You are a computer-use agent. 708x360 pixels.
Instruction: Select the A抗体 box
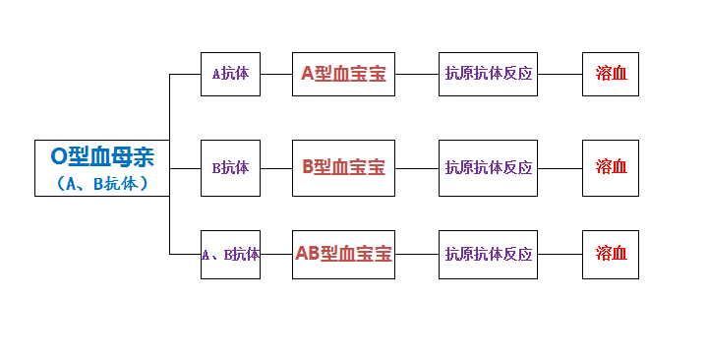(230, 74)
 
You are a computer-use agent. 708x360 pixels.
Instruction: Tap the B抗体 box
(230, 167)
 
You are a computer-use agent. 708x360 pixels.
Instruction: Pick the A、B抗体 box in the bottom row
(230, 254)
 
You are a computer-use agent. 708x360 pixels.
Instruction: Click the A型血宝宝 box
(343, 74)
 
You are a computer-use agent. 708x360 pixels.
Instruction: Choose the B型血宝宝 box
(343, 167)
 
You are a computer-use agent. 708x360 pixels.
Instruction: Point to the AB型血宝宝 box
(343, 254)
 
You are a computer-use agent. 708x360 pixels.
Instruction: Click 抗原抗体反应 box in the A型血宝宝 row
(489, 74)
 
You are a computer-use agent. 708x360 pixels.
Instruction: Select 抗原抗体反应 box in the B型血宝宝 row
(489, 167)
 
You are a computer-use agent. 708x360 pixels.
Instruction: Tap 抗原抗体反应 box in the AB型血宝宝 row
(489, 254)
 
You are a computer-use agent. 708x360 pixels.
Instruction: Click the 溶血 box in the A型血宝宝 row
(611, 74)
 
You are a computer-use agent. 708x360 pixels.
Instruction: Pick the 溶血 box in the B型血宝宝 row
(611, 167)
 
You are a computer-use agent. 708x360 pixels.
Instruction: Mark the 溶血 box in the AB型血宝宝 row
(611, 254)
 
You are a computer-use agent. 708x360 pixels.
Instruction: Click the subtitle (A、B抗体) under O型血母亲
(102, 182)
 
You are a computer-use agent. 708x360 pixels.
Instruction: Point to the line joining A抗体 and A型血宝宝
(276, 74)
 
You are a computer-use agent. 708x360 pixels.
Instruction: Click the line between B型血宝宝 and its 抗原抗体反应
(417, 167)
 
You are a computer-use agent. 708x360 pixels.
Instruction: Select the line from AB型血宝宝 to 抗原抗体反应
(417, 254)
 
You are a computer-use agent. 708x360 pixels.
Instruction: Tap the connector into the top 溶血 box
(560, 74)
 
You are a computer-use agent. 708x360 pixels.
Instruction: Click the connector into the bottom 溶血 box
(560, 254)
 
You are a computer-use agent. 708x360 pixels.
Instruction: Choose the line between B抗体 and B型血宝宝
(276, 167)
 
